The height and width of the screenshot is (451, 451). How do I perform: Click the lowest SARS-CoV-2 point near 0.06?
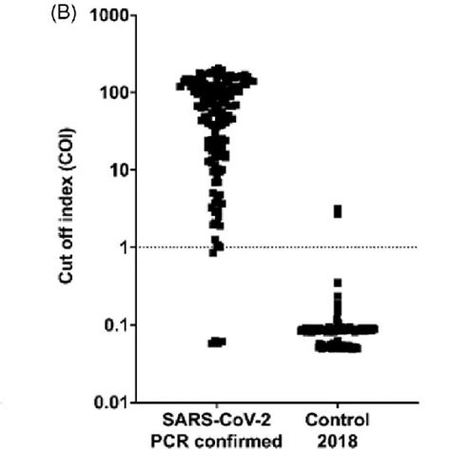coord(217,342)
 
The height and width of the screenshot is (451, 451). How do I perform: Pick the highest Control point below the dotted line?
coord(337,283)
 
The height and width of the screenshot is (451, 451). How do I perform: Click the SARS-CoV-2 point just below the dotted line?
coord(216,251)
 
